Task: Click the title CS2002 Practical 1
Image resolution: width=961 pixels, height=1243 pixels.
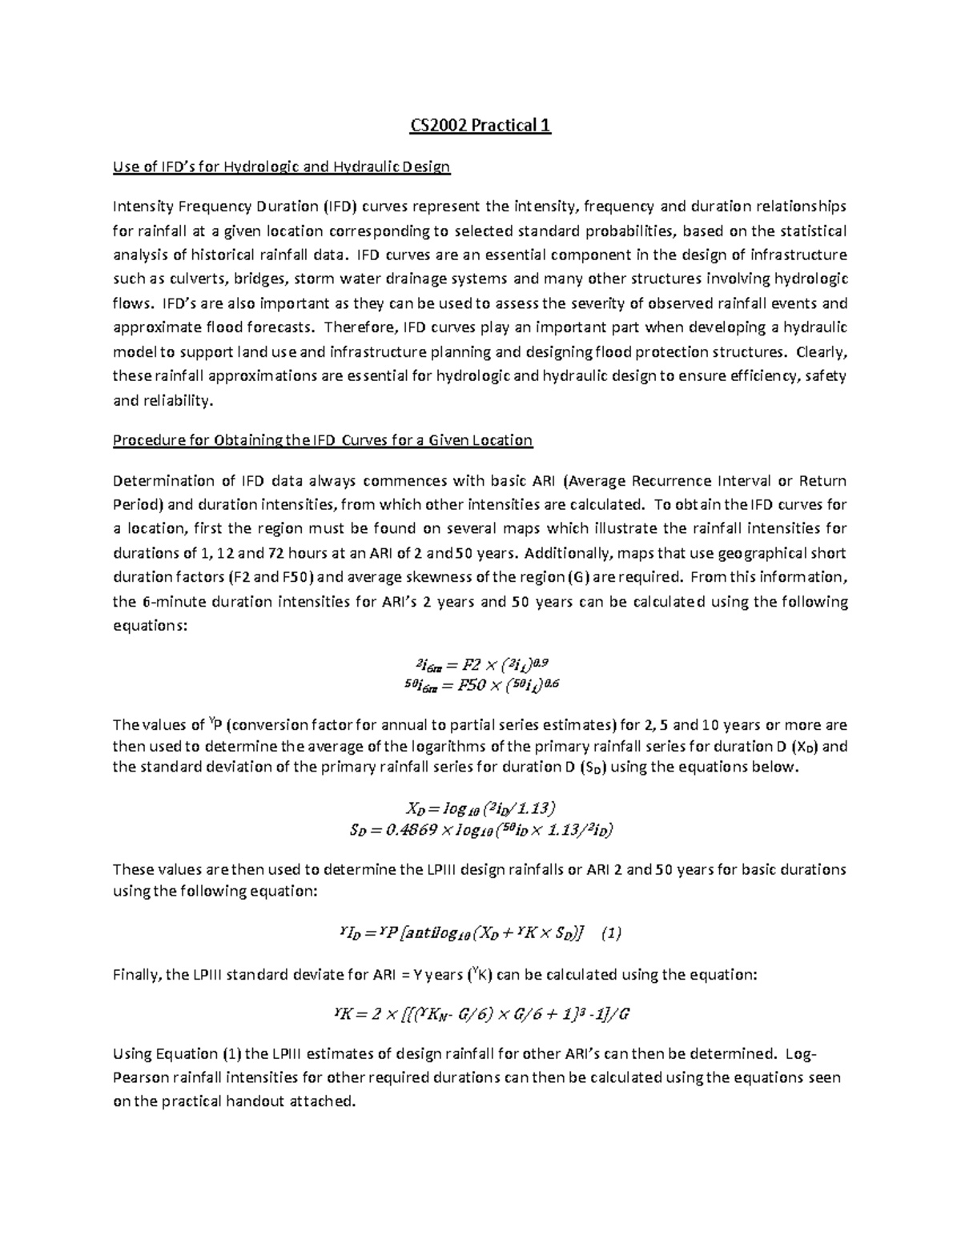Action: pos(480,126)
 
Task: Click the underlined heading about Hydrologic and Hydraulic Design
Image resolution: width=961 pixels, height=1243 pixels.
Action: pos(281,167)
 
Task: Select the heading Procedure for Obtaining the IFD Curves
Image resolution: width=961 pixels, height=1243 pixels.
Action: pos(322,440)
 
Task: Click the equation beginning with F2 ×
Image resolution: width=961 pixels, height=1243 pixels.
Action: pos(480,664)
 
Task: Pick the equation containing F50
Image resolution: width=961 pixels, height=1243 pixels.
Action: pos(480,684)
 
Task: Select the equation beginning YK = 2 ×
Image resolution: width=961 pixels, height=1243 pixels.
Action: pos(480,1014)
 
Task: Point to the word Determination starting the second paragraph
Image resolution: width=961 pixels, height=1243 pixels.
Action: pos(163,481)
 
